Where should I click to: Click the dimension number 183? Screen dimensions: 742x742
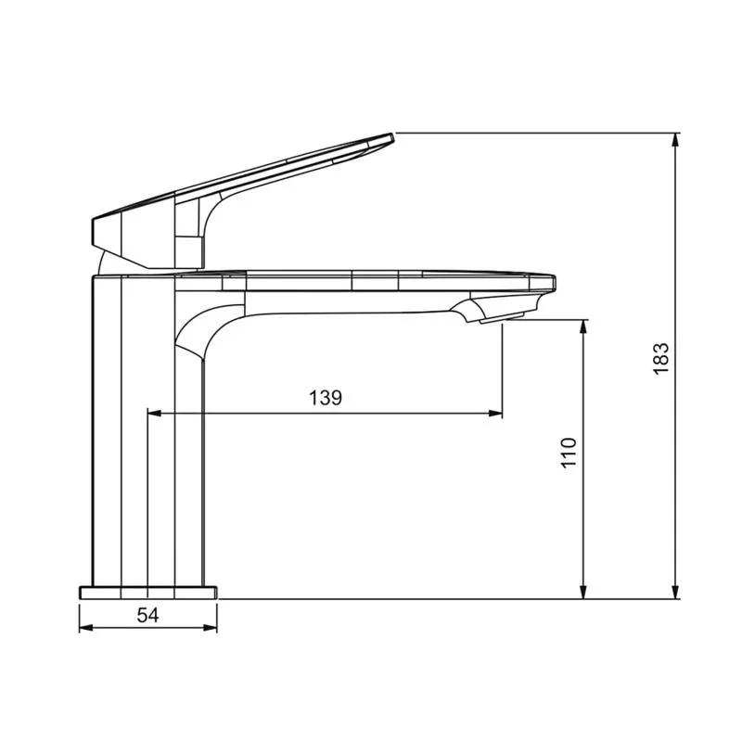[x=660, y=359]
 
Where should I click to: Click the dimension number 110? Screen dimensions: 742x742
[x=569, y=452]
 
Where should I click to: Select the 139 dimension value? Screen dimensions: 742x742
[x=326, y=398]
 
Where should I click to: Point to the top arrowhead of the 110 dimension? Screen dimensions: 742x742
[x=584, y=326]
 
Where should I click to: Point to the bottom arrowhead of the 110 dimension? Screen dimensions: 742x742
[x=584, y=592]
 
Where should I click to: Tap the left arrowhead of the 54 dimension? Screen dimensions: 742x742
[x=85, y=628]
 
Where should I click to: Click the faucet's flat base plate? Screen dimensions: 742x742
[x=148, y=592]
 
